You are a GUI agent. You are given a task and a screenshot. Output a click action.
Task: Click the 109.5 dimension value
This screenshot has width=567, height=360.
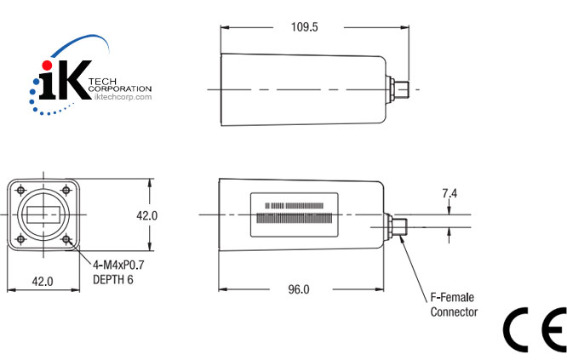[x=304, y=27]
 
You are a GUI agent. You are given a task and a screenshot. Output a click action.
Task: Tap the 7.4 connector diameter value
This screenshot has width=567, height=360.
[x=450, y=194]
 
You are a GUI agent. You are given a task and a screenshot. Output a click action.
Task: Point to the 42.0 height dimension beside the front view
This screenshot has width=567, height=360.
[x=147, y=215]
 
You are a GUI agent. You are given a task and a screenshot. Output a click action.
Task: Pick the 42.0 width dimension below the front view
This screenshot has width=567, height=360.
[x=43, y=281]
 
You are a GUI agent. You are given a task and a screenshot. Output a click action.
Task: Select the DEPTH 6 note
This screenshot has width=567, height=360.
[x=112, y=279]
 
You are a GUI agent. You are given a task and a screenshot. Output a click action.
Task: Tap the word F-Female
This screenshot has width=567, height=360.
[x=449, y=298]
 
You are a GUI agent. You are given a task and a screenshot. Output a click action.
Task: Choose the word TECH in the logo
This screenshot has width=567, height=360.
[x=101, y=80]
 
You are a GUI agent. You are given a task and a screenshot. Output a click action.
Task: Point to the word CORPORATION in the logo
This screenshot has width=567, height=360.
[x=119, y=89]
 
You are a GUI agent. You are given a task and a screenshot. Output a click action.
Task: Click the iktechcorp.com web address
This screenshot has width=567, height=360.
[x=118, y=97]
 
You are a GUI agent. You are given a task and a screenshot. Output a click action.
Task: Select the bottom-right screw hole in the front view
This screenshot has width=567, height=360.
[x=66, y=240]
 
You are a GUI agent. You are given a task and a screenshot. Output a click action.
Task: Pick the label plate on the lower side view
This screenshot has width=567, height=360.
[x=295, y=215]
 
